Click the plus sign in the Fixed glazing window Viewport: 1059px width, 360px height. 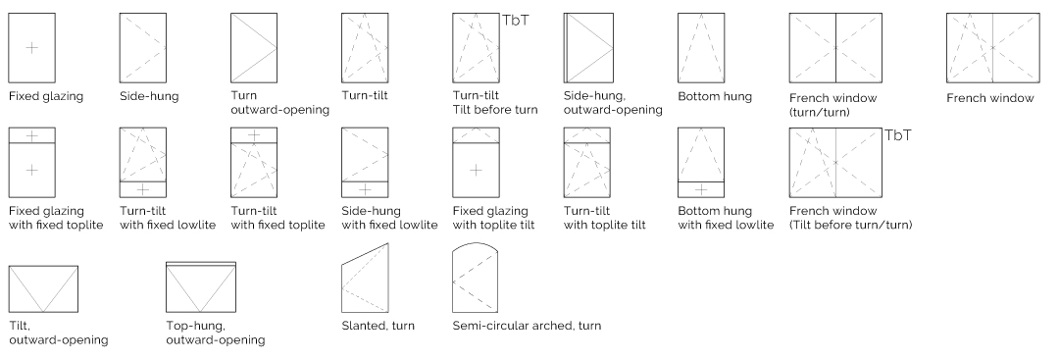31,47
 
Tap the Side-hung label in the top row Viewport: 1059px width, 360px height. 149,96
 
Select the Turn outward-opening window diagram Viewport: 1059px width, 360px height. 254,47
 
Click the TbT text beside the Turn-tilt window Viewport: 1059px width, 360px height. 516,21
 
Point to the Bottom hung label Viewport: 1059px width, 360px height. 715,96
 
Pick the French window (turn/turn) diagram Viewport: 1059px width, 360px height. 835,47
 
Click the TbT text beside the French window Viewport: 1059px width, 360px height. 898,135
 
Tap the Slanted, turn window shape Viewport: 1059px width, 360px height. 366,278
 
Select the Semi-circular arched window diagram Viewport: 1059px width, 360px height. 476,278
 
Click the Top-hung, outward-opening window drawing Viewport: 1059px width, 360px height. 201,287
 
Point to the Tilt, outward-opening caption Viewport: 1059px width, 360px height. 59,333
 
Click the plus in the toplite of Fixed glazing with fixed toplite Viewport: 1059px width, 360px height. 31,135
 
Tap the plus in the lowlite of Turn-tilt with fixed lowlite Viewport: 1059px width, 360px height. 142,189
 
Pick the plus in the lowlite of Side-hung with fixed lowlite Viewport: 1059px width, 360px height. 365,189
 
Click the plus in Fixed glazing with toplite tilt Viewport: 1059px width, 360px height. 476,170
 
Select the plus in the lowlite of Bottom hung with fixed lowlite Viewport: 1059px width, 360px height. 701,189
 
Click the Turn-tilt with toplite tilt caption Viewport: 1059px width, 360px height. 604,218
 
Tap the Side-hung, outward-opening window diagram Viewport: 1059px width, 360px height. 588,47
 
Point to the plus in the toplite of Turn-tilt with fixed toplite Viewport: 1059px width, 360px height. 253,135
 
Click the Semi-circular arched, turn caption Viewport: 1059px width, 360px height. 527,326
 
